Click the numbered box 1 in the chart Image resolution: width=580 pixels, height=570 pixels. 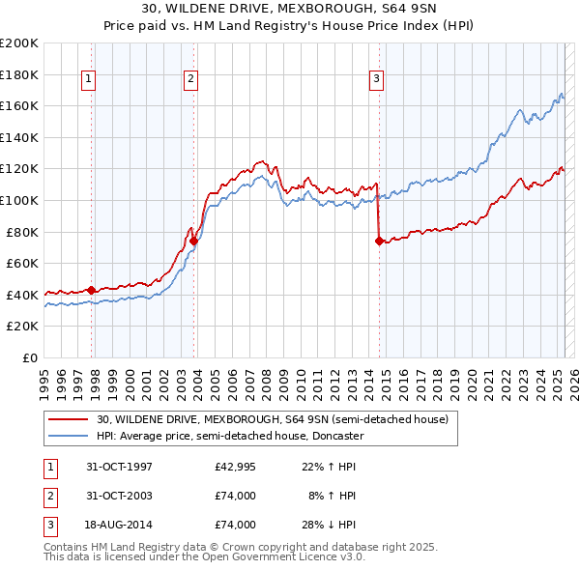(x=88, y=79)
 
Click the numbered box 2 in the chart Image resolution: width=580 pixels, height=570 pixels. (x=190, y=79)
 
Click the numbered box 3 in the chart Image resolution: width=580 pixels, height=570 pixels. (x=376, y=79)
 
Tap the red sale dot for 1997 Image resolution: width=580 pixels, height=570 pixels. (x=92, y=290)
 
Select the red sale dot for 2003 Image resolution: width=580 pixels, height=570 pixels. (x=194, y=241)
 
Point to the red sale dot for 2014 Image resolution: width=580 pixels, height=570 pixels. (x=379, y=242)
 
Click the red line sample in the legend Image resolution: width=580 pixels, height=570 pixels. (x=70, y=420)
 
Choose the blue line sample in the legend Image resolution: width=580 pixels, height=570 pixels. (x=70, y=436)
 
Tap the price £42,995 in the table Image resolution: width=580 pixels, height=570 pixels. (x=235, y=467)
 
